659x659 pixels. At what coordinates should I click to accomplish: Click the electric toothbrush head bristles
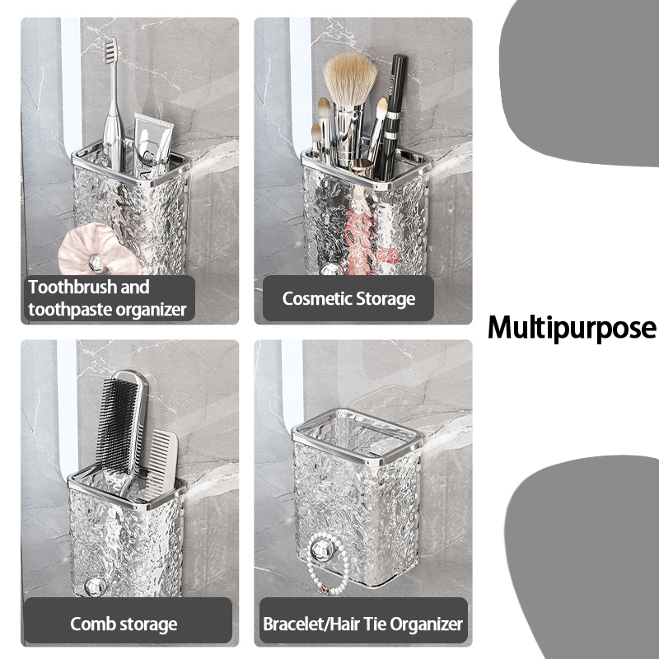pyautogui.click(x=110, y=50)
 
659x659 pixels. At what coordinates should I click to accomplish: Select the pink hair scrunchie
pyautogui.click(x=98, y=250)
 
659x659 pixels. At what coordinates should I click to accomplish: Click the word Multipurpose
pyautogui.click(x=572, y=328)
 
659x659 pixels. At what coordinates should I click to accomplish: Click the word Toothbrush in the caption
pyautogui.click(x=74, y=287)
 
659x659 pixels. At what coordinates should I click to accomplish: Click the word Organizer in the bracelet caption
pyautogui.click(x=426, y=625)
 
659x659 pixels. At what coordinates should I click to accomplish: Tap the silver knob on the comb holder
pyautogui.click(x=95, y=587)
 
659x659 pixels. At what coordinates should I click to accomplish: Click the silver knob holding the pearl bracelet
pyautogui.click(x=322, y=550)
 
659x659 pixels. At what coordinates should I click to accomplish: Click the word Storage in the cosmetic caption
pyautogui.click(x=386, y=299)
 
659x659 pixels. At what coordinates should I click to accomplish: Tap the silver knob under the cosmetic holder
pyautogui.click(x=332, y=269)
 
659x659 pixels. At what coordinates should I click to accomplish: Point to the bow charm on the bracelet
pyautogui.click(x=325, y=590)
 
